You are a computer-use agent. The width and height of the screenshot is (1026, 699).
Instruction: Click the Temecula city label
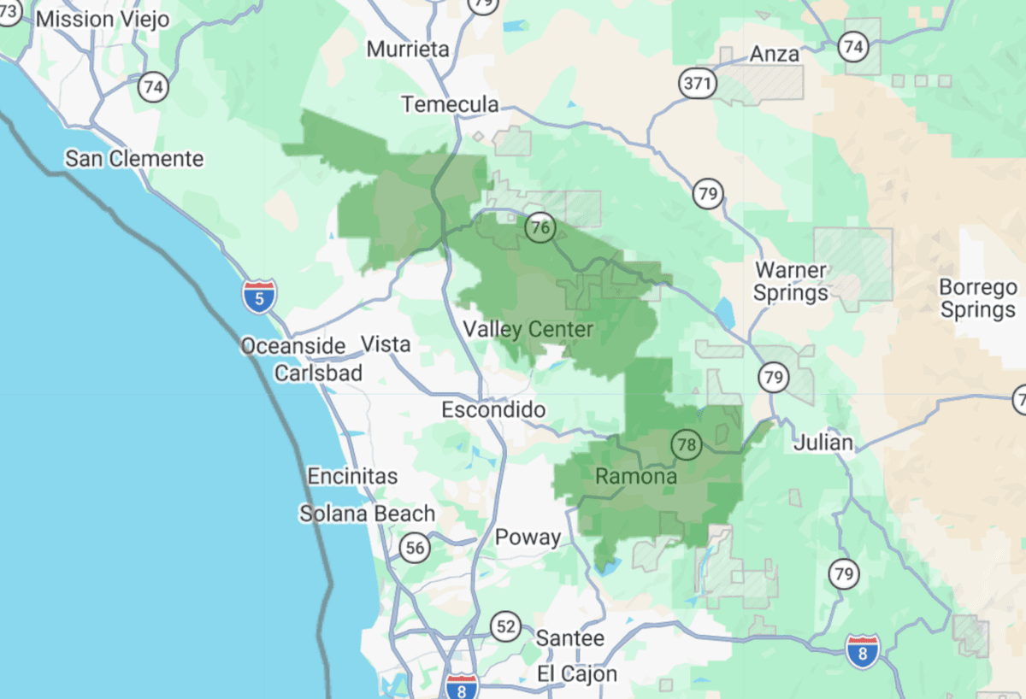451,104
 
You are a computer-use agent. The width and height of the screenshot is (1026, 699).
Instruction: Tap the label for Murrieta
408,50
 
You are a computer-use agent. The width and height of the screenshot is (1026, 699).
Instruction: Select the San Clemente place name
135,159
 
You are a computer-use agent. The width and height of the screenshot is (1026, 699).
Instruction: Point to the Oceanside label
292,346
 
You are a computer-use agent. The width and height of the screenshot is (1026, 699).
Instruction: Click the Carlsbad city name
318,373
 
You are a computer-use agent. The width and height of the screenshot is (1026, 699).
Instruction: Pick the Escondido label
493,410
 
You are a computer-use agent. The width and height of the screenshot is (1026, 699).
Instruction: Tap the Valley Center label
528,329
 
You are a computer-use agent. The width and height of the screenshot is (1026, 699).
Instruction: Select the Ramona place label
636,476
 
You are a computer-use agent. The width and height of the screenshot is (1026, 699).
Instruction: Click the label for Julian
823,443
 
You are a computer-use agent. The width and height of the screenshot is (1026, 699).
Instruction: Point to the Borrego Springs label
978,298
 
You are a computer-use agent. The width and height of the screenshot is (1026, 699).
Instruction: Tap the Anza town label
775,54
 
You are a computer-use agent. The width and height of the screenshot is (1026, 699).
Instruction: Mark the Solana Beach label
367,514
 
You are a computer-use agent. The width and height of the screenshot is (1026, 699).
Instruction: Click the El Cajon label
577,673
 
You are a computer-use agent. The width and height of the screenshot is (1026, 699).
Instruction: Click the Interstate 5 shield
259,295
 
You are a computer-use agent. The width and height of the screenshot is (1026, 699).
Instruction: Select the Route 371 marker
697,83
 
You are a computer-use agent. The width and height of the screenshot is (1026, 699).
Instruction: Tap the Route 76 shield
540,227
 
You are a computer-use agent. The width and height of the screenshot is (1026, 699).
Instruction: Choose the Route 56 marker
415,548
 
